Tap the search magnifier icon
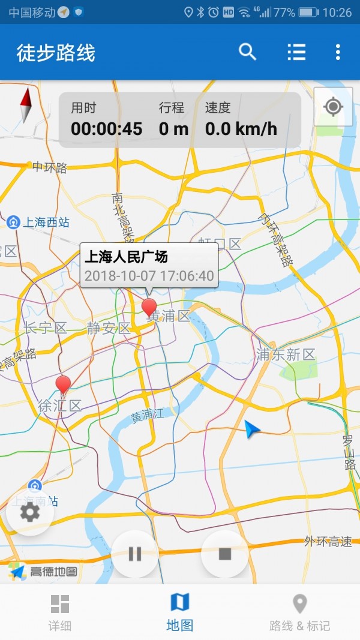pyautogui.click(x=247, y=52)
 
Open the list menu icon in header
pyautogui.click(x=296, y=52)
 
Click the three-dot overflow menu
pyautogui.click(x=338, y=52)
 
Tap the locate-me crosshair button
pyautogui.click(x=333, y=107)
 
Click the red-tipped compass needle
pyautogui.click(x=26, y=105)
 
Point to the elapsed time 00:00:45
pyautogui.click(x=107, y=128)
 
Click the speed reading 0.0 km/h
pyautogui.click(x=241, y=128)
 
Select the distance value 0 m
pyautogui.click(x=173, y=128)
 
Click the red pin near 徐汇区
pyautogui.click(x=63, y=385)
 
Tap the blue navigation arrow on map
pyautogui.click(x=252, y=429)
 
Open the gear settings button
pyautogui.click(x=30, y=512)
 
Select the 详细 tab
pyautogui.click(x=60, y=612)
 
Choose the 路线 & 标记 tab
pyautogui.click(x=299, y=612)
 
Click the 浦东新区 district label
pyautogui.click(x=286, y=355)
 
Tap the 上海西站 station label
pyautogui.click(x=46, y=223)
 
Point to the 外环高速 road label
pyautogui.click(x=328, y=542)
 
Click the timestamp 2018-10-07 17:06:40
pyautogui.click(x=149, y=276)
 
